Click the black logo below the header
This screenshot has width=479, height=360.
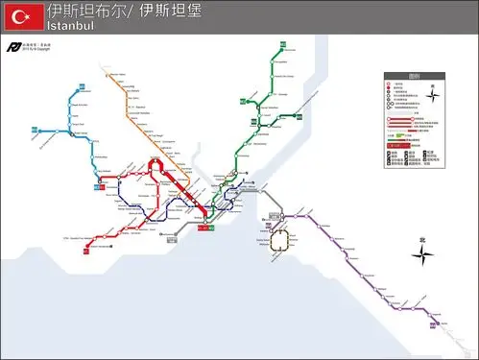[x=12, y=47]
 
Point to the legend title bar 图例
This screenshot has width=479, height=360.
[x=414, y=77]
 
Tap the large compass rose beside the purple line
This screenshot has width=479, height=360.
[x=423, y=253]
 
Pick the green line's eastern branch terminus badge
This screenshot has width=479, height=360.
[x=299, y=115]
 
